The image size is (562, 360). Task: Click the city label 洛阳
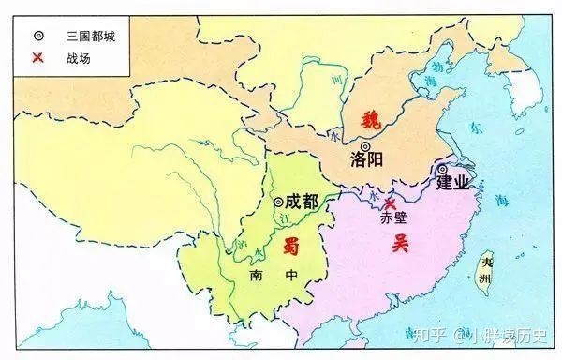366,159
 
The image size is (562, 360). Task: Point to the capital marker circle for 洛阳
364,144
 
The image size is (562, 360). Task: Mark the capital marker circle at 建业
441,170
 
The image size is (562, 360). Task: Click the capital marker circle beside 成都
278,202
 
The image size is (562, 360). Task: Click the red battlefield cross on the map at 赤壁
390,203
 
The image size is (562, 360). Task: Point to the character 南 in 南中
257,277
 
